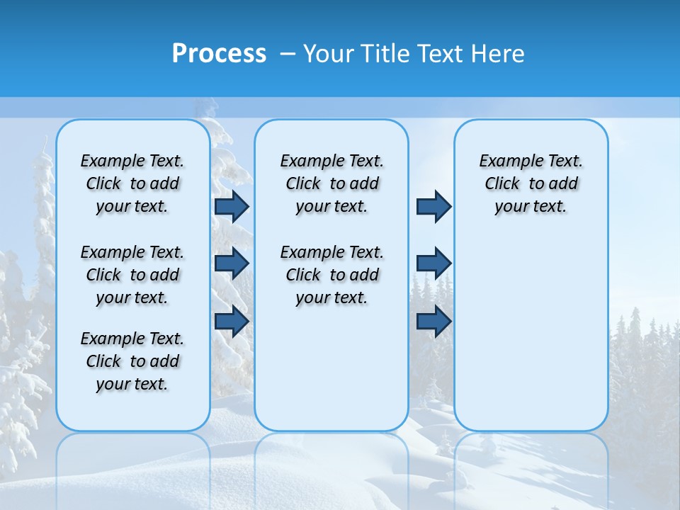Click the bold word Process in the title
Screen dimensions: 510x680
pos(219,54)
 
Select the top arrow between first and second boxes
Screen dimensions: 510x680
pos(232,206)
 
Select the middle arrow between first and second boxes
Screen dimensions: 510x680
pos(232,263)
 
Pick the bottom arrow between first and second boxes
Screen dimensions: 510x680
pos(232,322)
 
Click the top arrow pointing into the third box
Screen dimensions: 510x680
pos(433,206)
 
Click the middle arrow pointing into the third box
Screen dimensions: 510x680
pos(433,263)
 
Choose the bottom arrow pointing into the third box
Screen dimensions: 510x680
pos(433,322)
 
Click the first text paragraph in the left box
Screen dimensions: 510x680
pos(132,183)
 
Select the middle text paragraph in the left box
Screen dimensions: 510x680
pos(132,275)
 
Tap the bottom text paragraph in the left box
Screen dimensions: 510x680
pos(132,361)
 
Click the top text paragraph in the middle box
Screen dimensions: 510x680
pos(332,183)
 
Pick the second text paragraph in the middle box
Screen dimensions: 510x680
pos(332,275)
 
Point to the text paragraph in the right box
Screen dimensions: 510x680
pos(531,183)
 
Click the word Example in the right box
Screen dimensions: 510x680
pos(506,161)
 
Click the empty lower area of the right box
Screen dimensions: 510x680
pos(531,340)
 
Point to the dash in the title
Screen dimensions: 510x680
pos(288,54)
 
